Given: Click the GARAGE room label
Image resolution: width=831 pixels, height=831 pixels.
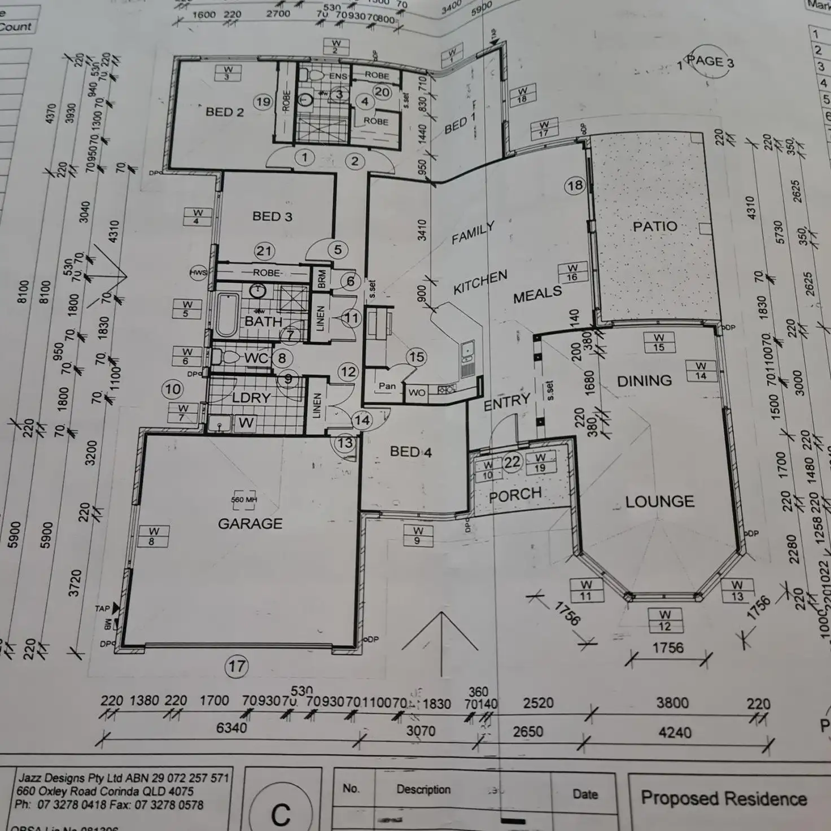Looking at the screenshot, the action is click(250, 524).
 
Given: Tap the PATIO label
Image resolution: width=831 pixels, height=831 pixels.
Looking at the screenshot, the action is click(655, 226).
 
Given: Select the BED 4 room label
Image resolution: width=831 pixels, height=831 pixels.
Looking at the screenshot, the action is click(411, 452).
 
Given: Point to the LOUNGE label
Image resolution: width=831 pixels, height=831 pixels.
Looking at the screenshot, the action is click(660, 501).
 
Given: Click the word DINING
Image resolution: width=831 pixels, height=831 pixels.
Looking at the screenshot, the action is click(645, 381).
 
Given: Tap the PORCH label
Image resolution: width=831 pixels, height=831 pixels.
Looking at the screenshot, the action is click(515, 495).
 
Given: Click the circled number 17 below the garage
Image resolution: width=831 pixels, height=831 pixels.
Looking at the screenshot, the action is click(237, 667).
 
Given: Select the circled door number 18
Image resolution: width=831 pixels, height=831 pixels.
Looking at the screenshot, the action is click(575, 186).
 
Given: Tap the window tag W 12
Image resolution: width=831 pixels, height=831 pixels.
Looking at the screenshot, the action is click(665, 620).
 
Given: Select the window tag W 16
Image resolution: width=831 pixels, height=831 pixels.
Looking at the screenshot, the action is click(572, 273).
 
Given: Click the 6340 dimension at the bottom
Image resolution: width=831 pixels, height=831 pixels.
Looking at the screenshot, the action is click(231, 728).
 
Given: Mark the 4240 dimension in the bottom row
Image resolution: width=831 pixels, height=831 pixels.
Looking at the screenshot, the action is click(675, 733).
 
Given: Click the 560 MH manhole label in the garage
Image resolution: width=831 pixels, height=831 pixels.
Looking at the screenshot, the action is click(244, 500).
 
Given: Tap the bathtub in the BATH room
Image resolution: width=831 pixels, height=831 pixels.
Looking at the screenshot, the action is click(227, 314).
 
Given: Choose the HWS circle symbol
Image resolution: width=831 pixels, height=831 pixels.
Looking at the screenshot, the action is click(199, 273).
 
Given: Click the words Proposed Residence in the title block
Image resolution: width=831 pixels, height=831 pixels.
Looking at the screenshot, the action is click(724, 798).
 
